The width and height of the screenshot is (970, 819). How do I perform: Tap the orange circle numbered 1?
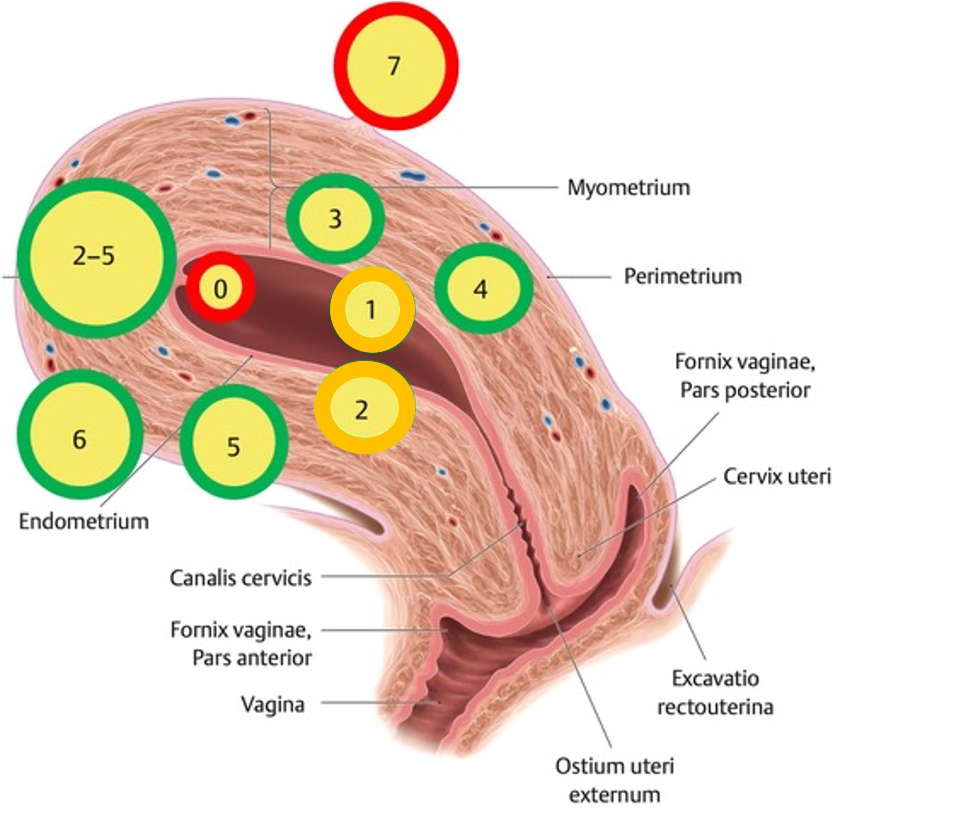(372, 310)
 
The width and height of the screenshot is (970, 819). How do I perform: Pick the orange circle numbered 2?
(365, 408)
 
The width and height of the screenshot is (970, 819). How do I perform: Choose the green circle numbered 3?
(335, 219)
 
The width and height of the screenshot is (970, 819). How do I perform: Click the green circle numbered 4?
(483, 289)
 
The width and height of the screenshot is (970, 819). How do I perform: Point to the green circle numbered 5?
(234, 442)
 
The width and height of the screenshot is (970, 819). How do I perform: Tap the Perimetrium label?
(683, 277)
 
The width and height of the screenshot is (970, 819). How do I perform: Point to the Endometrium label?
(84, 522)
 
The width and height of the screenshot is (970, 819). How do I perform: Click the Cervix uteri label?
(777, 477)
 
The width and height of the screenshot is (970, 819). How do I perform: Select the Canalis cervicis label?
(240, 579)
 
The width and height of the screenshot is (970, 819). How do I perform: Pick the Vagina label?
(273, 705)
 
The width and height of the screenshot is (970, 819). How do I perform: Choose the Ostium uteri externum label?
(614, 781)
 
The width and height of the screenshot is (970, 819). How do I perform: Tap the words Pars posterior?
(745, 390)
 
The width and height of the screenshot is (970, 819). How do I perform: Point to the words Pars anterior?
(252, 658)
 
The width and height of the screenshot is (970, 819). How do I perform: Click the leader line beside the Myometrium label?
(464, 188)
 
